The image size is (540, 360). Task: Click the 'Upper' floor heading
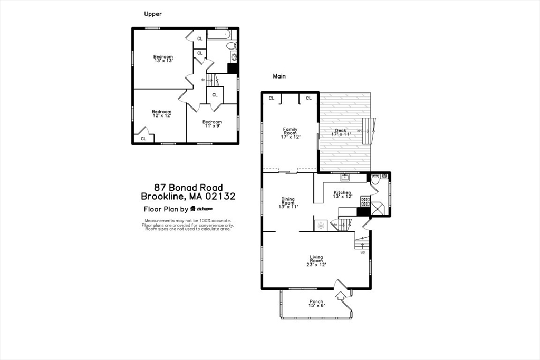coord(153,14)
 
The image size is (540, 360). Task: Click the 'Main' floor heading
coord(279,76)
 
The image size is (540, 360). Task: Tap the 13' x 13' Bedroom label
coord(163,59)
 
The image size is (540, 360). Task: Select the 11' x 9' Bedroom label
coord(213,124)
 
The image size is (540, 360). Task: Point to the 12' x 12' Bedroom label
coord(161,113)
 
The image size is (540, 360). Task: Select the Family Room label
coord(290,133)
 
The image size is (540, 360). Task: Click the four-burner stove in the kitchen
coord(365,201)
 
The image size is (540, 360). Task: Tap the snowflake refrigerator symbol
coord(320,226)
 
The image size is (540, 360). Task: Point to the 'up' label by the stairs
coord(362,252)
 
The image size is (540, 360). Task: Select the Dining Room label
coord(288,203)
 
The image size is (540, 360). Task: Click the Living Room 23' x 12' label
coord(316,261)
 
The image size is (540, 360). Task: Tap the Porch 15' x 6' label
coord(316,304)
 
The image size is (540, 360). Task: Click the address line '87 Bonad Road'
coord(188,187)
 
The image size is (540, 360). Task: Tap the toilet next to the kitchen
coord(375,180)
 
